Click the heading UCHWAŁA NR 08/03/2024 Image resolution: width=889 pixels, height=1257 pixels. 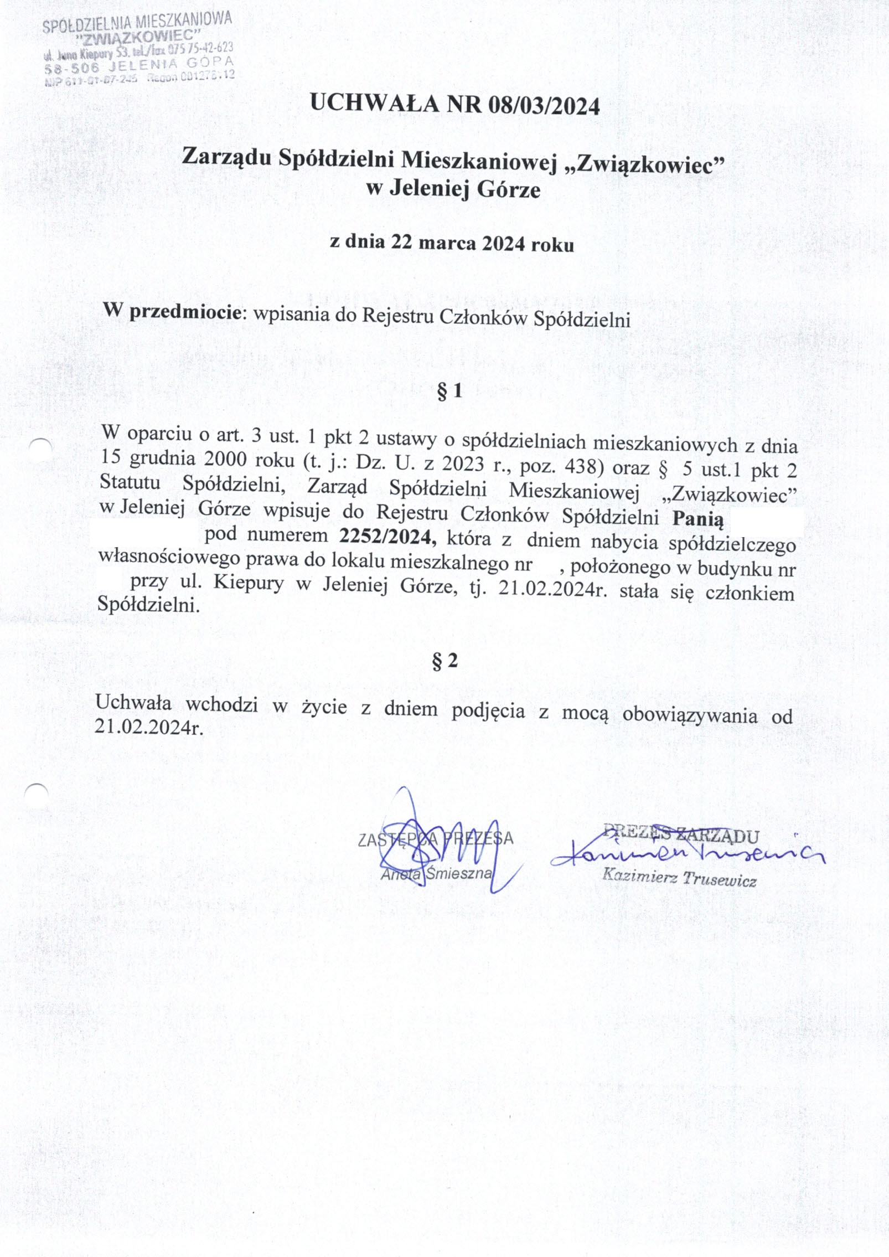(454, 105)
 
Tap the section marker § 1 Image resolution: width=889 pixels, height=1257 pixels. (449, 391)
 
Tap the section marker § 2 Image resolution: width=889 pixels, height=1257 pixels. (445, 660)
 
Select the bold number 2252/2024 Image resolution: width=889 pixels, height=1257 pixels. (385, 536)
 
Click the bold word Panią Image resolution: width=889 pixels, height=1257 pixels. (697, 519)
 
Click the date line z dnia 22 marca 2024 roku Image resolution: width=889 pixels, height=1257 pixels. (452, 243)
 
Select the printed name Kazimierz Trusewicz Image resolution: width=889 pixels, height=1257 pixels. (679, 878)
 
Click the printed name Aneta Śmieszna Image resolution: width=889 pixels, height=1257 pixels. (436, 873)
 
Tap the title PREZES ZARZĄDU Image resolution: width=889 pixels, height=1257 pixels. (680, 834)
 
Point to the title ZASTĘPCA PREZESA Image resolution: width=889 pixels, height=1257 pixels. (436, 838)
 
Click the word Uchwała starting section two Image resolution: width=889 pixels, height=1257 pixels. (133, 702)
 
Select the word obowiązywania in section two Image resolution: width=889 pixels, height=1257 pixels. (689, 715)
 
